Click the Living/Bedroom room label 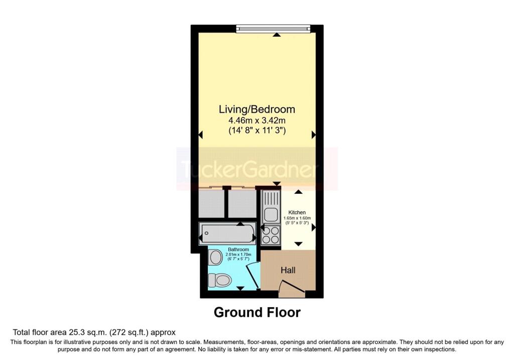click(x=257, y=109)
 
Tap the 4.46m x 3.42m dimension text click(x=257, y=120)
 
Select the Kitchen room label click(x=297, y=212)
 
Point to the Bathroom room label click(x=238, y=250)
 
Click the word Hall click(x=288, y=270)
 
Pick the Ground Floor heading click(x=257, y=312)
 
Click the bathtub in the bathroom click(x=227, y=233)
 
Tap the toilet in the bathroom click(x=220, y=280)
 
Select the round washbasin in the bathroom click(x=216, y=258)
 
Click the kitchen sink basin click(x=271, y=215)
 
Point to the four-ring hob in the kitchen click(x=271, y=235)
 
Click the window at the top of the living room click(x=273, y=29)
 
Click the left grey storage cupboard click(x=211, y=204)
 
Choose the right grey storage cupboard click(x=242, y=204)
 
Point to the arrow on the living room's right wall click(x=314, y=135)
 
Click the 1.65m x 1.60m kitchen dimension click(x=297, y=218)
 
